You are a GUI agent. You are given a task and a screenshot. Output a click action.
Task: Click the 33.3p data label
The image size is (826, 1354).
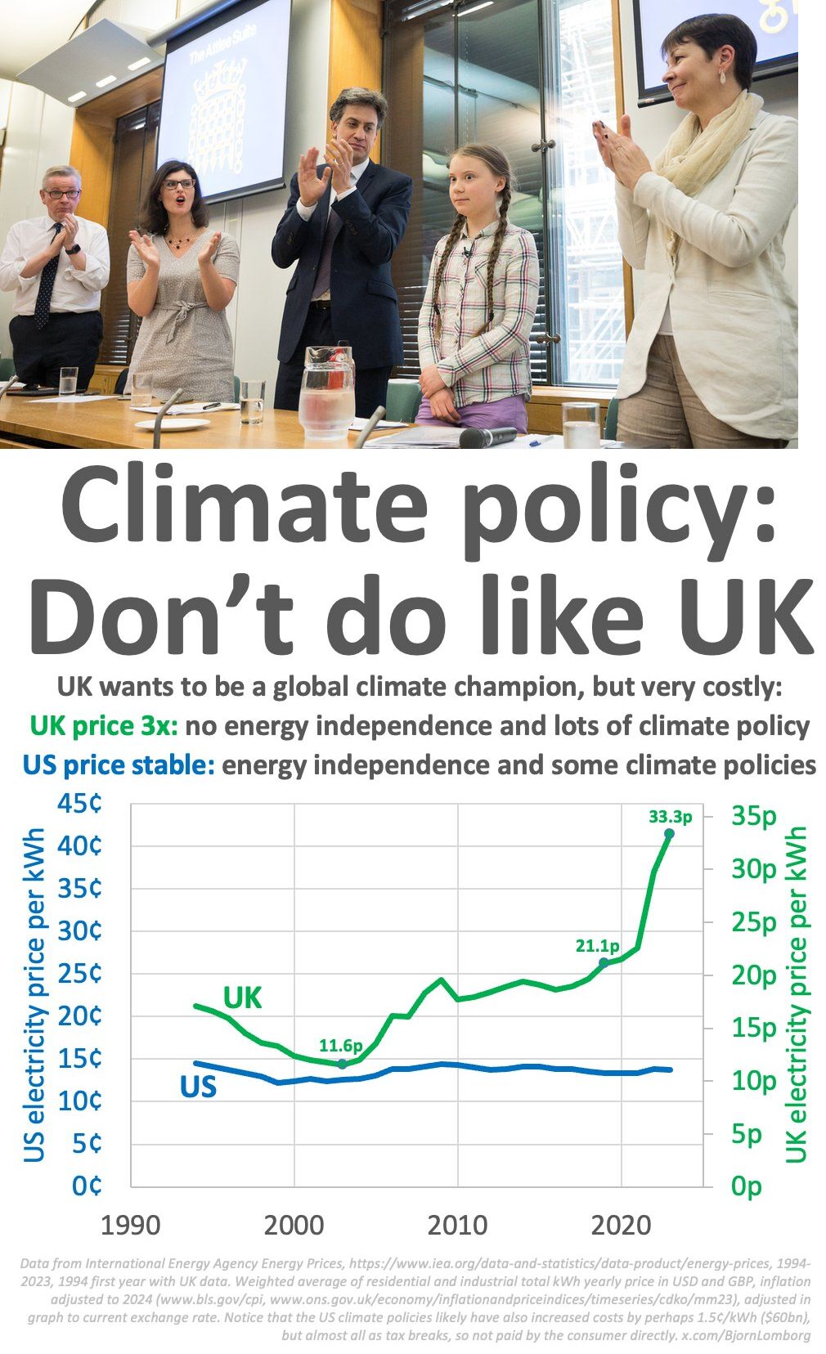670,816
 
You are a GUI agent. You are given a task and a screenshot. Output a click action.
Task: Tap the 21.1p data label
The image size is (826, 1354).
597,946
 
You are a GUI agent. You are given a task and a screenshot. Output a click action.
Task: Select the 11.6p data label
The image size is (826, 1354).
340,1045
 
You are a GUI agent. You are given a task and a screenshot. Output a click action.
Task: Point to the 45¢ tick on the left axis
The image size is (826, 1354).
79,804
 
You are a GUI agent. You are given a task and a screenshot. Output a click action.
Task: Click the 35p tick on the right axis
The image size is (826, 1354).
753,815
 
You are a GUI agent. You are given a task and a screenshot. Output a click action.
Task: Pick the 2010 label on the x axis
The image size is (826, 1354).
457,1226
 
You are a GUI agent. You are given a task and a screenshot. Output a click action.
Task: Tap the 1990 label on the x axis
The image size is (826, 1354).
130,1226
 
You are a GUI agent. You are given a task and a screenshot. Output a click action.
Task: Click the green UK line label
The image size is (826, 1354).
243,998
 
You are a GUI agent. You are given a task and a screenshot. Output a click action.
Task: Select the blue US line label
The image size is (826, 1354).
198,1087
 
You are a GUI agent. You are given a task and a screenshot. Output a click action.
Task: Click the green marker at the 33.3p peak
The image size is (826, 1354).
669,833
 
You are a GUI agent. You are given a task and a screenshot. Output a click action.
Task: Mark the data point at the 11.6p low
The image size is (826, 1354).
342,1064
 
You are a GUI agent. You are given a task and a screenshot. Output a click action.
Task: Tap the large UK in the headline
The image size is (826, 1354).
741,615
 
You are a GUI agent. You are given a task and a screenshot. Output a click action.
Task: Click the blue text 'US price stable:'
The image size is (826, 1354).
118,765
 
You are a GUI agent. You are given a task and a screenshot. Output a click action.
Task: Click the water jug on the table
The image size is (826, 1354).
326,391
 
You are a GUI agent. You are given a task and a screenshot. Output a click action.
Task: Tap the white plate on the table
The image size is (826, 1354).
173,424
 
